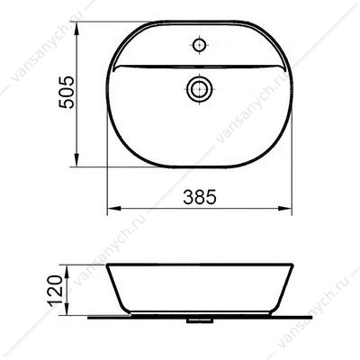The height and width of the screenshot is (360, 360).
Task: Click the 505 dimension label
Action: click(x=66, y=93)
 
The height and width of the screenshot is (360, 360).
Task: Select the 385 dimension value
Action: click(x=200, y=197)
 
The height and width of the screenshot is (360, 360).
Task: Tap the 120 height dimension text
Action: click(x=56, y=290)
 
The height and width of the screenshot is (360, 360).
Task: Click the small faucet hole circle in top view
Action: click(x=200, y=45)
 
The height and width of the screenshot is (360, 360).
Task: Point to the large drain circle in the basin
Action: click(x=200, y=89)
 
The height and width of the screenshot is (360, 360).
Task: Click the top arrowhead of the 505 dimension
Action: click(x=77, y=29)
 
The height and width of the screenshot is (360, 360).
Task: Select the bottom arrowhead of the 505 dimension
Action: click(x=77, y=159)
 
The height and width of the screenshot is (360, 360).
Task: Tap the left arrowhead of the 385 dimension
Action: click(x=114, y=208)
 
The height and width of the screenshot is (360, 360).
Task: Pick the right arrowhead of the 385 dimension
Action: click(x=284, y=208)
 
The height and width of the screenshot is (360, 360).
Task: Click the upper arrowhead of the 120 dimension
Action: click(x=67, y=271)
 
